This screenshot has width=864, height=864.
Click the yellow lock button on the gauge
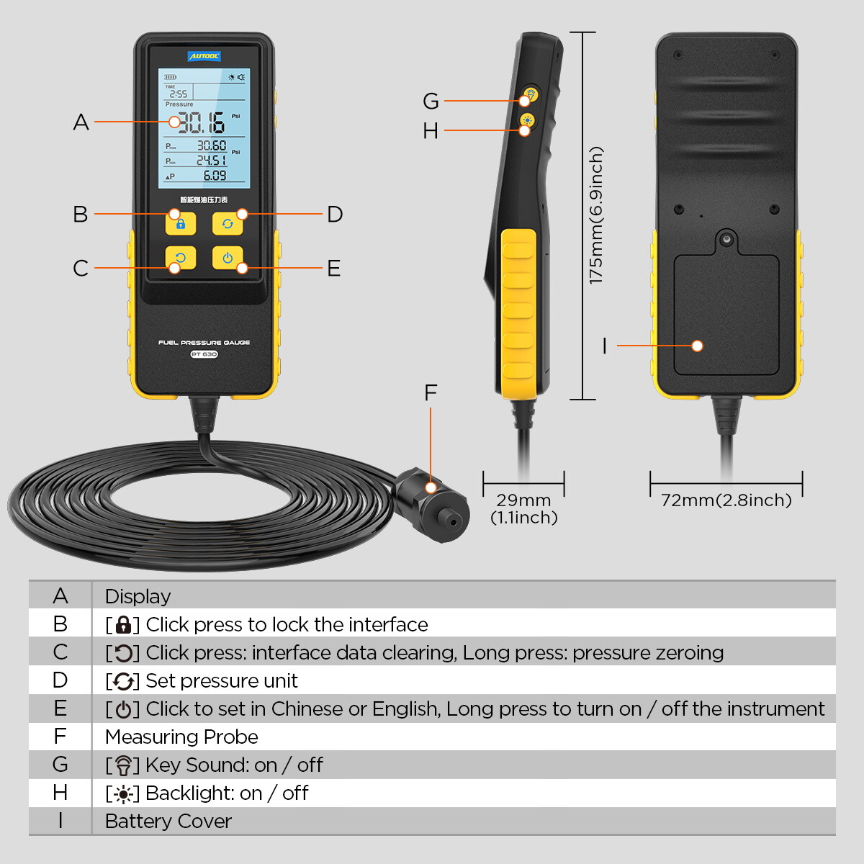tap(181, 223)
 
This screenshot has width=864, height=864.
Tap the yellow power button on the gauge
tap(228, 258)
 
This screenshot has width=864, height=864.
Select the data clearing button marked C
tap(180, 258)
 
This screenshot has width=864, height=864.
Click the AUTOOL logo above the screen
tap(204, 56)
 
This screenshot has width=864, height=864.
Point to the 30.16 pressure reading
tap(201, 123)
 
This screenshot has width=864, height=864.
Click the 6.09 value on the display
tap(214, 176)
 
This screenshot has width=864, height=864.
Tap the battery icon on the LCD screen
tap(171, 77)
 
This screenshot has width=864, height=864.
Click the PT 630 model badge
tap(204, 354)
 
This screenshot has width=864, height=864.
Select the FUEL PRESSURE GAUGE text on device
tap(204, 343)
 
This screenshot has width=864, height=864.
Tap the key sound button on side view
tap(531, 94)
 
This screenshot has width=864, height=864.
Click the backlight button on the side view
tap(528, 120)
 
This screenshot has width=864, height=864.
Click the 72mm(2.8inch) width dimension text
tap(726, 500)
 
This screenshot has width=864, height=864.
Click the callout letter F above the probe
tap(431, 393)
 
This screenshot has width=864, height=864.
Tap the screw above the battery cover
tap(726, 238)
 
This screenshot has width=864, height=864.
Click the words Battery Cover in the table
tap(168, 822)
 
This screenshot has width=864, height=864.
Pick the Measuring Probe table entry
tap(181, 737)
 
